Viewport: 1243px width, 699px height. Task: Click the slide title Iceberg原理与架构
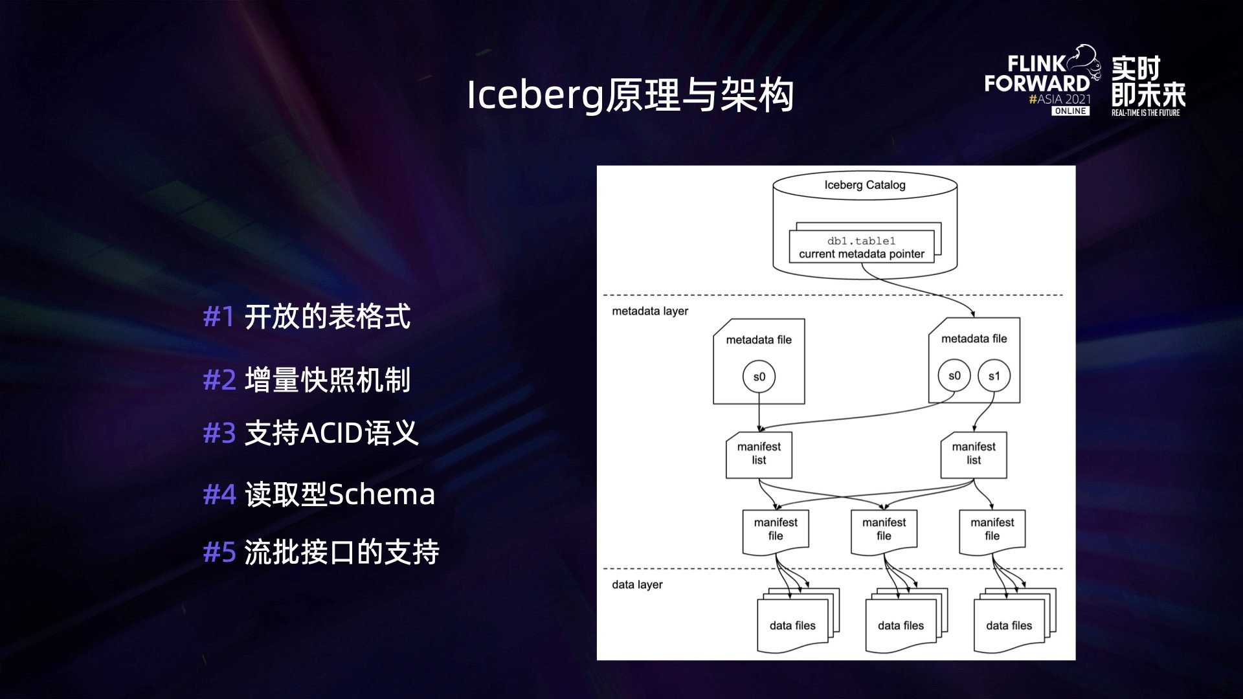(630, 95)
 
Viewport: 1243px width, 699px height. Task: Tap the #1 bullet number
(219, 317)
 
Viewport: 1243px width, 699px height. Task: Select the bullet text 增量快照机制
(328, 380)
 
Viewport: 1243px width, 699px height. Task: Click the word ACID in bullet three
(331, 433)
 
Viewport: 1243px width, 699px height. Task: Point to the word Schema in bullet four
(382, 494)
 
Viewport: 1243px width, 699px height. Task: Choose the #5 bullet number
(219, 553)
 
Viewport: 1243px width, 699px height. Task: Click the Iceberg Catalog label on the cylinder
(864, 185)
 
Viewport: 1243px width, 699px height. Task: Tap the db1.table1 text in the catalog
(861, 241)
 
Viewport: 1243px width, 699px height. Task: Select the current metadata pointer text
(861, 254)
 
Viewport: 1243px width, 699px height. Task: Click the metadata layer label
(650, 311)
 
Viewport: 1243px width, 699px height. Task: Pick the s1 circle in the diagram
(994, 376)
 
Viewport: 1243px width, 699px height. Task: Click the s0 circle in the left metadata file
(759, 377)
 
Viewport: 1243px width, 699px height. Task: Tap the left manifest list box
(759, 454)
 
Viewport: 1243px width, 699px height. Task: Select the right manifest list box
(974, 454)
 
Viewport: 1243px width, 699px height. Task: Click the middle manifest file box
(884, 530)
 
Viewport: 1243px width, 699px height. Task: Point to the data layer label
(637, 585)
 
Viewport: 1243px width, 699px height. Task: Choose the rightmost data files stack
(1010, 623)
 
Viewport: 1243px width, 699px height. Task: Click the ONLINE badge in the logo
(1070, 111)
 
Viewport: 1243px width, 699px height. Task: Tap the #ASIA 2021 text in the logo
(1060, 99)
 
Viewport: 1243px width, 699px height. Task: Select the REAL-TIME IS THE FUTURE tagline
(1145, 113)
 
